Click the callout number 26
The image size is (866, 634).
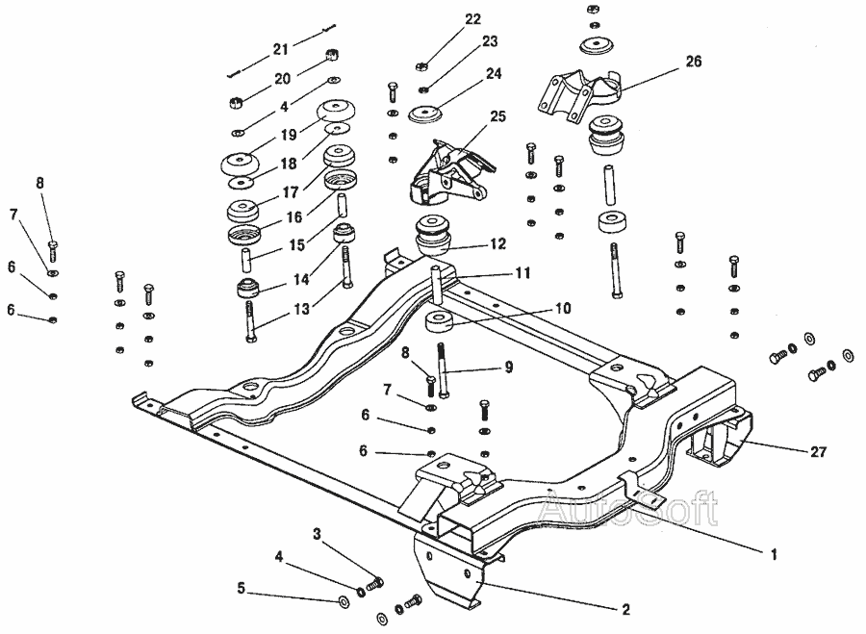(x=694, y=61)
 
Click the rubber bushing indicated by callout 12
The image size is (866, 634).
(x=435, y=236)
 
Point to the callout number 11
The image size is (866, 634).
(x=522, y=273)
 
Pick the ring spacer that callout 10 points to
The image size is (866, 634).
(x=440, y=321)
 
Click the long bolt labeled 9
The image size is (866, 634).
(x=444, y=370)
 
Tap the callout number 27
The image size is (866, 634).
(x=818, y=452)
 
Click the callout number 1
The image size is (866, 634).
(x=774, y=553)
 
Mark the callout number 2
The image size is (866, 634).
(x=625, y=609)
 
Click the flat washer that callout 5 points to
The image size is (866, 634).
(x=343, y=600)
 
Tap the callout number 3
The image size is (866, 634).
(x=317, y=534)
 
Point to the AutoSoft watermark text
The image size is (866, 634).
(x=628, y=508)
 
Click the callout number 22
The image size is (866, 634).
(x=472, y=19)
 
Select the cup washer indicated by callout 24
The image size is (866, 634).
(x=425, y=114)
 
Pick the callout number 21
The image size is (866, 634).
(x=281, y=49)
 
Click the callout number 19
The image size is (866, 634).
(x=289, y=134)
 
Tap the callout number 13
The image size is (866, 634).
(x=301, y=308)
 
